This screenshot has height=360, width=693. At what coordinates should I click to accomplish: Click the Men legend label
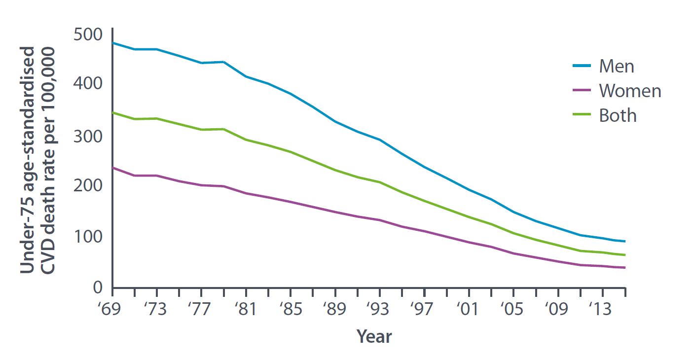(x=616, y=66)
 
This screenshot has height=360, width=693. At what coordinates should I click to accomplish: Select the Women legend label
(x=630, y=91)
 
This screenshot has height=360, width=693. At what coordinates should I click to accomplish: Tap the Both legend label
(x=618, y=115)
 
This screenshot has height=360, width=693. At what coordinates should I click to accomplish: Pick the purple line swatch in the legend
(x=582, y=91)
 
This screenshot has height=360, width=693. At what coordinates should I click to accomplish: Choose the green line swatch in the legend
(x=582, y=115)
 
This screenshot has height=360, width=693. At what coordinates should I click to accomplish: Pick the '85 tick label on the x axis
(x=291, y=310)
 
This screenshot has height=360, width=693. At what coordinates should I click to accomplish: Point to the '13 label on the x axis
(x=603, y=310)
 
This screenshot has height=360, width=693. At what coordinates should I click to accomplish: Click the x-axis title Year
(x=374, y=337)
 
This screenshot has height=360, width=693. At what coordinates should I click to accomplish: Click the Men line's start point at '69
(x=113, y=43)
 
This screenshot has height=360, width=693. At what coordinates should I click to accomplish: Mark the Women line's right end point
(x=625, y=268)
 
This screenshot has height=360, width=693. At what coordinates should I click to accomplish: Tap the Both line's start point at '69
(x=113, y=112)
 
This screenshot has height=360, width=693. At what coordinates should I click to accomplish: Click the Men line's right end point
(x=625, y=242)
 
